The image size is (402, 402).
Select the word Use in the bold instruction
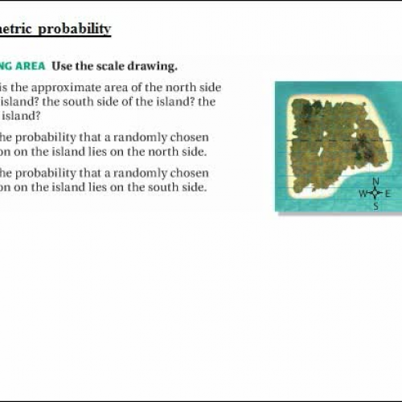68,65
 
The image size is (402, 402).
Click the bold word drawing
156,65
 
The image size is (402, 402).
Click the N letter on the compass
375,182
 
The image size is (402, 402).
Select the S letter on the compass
375,207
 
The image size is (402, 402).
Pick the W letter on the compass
363,194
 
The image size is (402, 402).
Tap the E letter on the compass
388,194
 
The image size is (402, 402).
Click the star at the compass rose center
375,194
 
